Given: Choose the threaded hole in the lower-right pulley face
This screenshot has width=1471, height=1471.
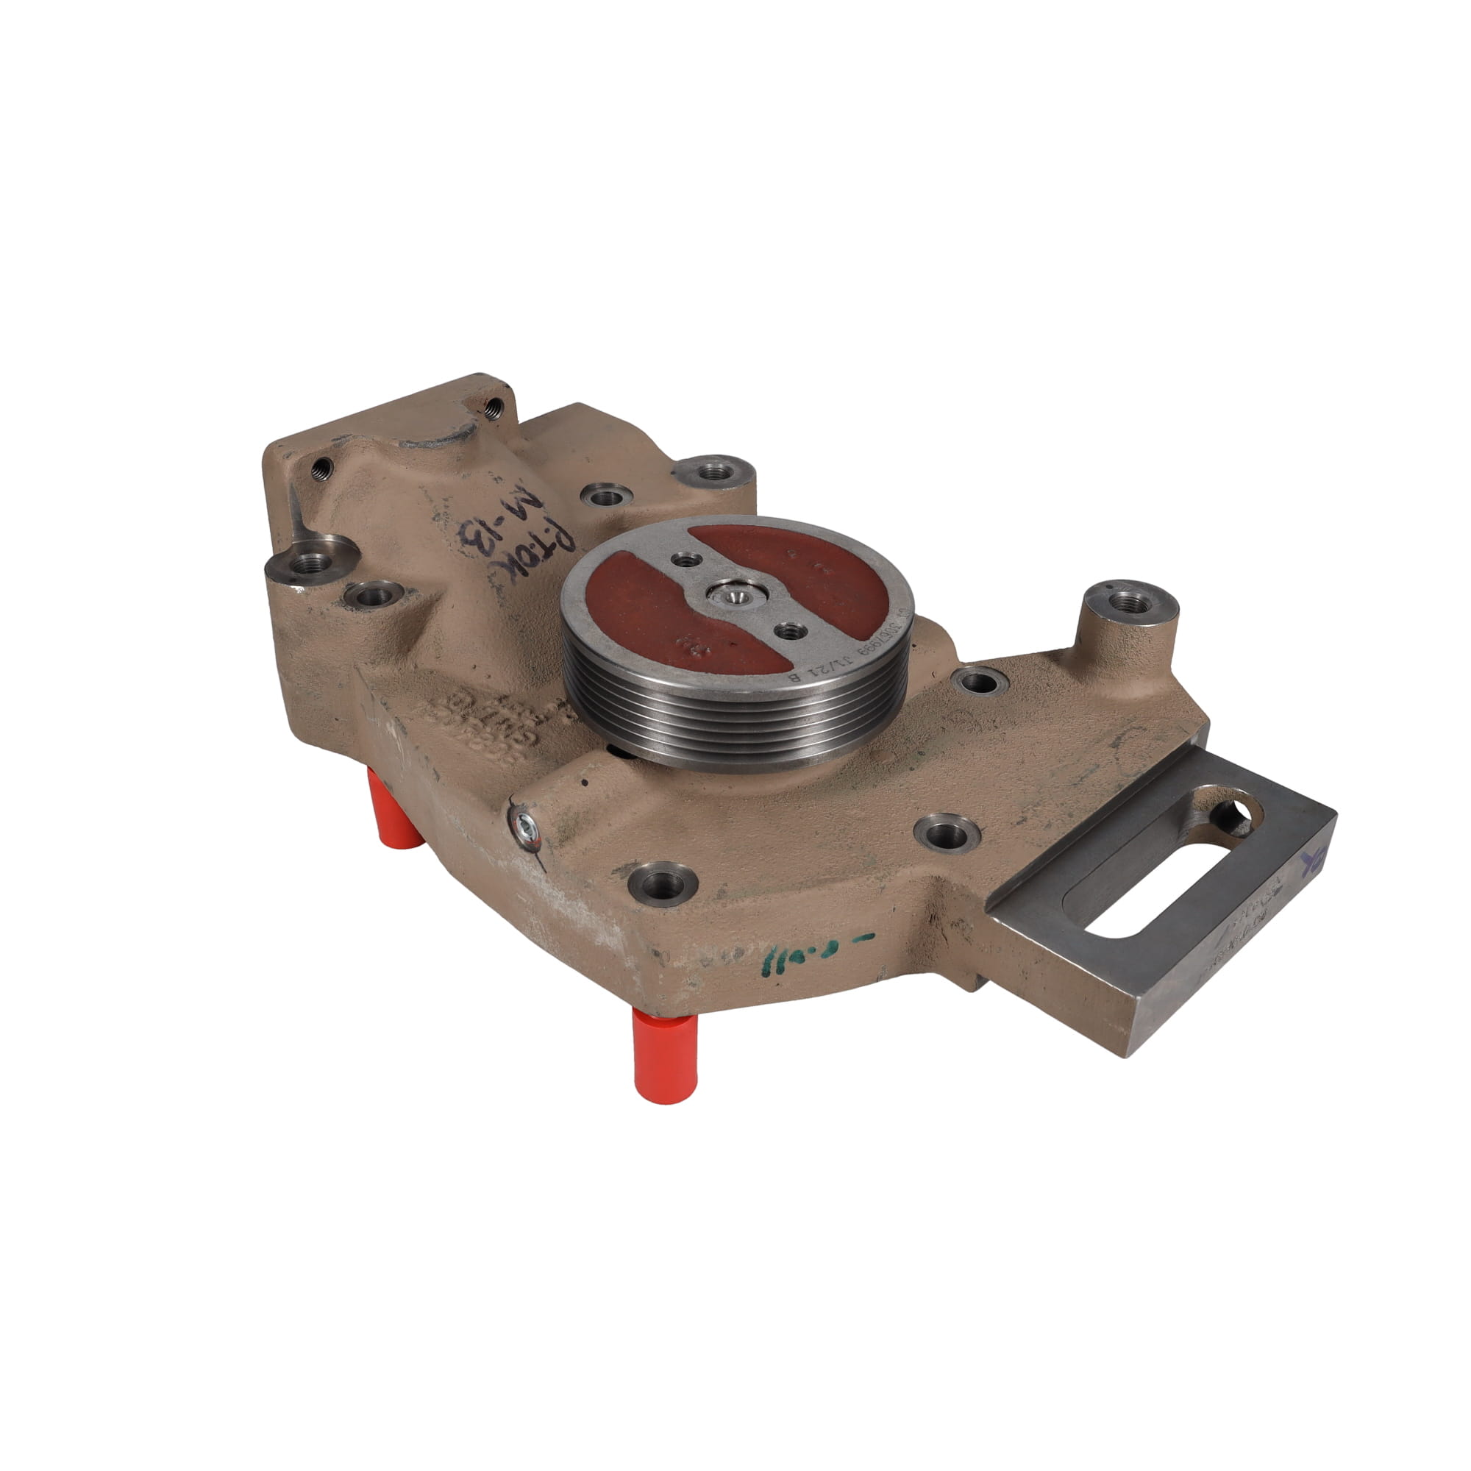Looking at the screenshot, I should coord(789,630).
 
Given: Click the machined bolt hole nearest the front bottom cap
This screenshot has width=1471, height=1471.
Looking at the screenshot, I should coord(661,884).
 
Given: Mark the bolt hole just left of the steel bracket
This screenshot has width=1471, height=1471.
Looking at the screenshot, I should coord(947,831).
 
